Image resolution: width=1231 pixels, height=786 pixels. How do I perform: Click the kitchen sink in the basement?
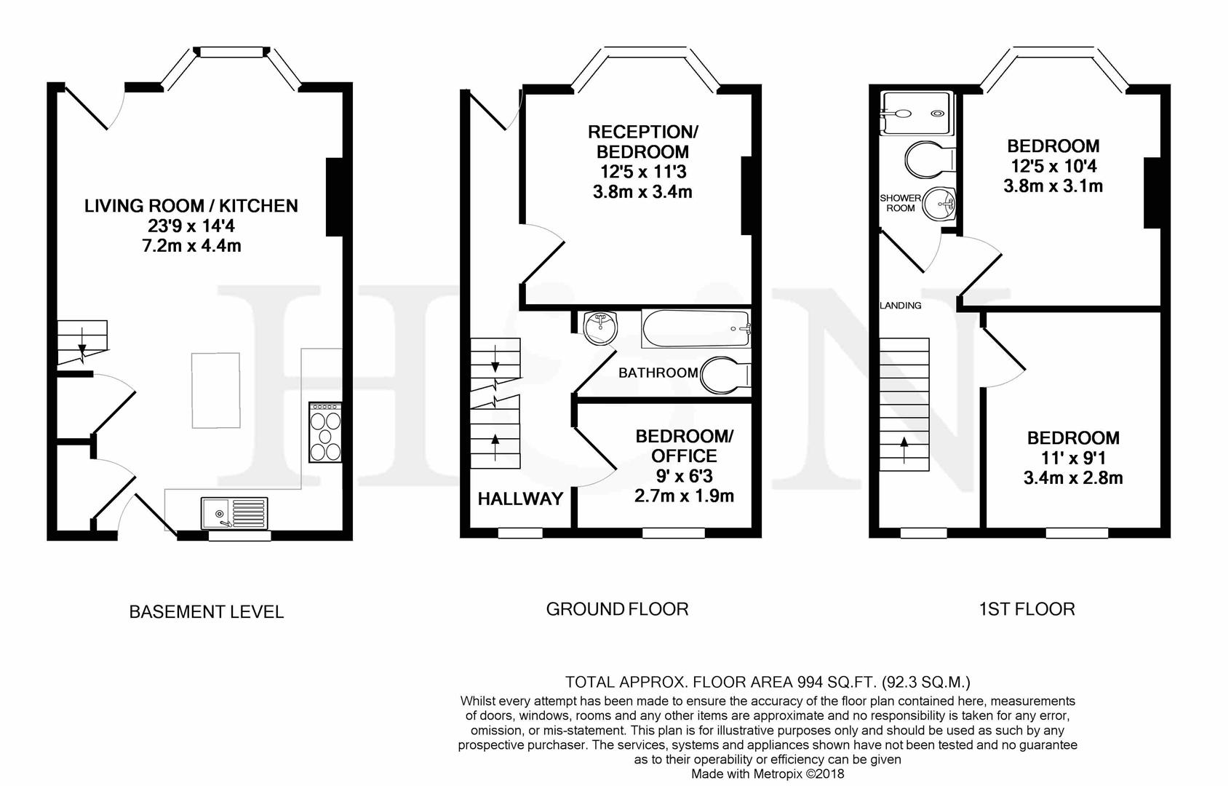pos(234,513)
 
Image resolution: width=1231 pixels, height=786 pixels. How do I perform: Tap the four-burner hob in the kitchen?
pos(324,432)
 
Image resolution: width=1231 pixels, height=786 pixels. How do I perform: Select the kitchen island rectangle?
pos(216,390)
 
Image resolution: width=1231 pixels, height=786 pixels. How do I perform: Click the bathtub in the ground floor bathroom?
pos(696,329)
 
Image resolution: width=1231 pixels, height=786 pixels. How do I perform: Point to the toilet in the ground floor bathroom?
pos(725,376)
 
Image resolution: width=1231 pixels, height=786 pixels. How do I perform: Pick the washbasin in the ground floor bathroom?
pos(601,327)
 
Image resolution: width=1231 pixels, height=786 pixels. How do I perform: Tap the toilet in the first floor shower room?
pos(930,159)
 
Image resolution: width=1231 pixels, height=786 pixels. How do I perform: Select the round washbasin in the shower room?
pos(939,204)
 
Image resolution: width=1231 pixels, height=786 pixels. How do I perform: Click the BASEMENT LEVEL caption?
pos(207,612)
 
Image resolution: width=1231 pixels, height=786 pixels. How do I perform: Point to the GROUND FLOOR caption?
pos(617,609)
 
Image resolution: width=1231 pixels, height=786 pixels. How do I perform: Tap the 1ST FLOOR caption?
pos(1027,609)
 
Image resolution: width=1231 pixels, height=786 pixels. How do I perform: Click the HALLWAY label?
pos(520,499)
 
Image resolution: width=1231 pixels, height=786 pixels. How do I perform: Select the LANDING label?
pos(901,306)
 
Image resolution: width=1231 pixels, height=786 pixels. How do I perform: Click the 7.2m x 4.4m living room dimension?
pos(192,246)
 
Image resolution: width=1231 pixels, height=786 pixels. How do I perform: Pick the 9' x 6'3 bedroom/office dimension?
pos(684,476)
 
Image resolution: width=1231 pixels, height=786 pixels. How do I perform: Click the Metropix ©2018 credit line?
pos(767,774)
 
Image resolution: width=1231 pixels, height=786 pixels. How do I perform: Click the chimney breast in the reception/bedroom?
pos(746,196)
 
